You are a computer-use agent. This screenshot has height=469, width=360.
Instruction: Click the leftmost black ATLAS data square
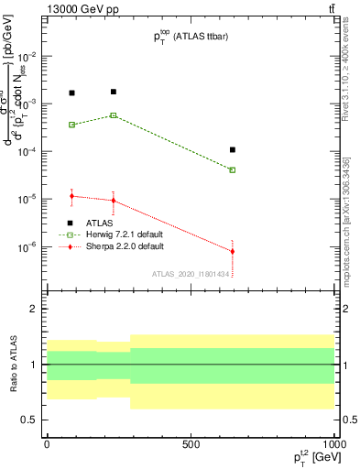pyautogui.click(x=72, y=93)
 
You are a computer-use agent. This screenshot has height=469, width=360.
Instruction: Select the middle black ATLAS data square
pyautogui.click(x=114, y=92)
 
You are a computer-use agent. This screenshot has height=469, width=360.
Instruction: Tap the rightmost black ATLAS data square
pyautogui.click(x=233, y=149)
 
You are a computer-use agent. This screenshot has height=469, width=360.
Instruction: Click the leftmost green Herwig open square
pyautogui.click(x=72, y=125)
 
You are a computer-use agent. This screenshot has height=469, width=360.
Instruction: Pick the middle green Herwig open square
pyautogui.click(x=114, y=115)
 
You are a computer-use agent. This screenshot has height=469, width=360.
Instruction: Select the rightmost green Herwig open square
pyautogui.click(x=233, y=169)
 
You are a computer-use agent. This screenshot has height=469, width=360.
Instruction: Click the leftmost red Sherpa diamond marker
pyautogui.click(x=72, y=196)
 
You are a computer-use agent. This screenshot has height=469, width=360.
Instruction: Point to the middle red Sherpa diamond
pyautogui.click(x=114, y=201)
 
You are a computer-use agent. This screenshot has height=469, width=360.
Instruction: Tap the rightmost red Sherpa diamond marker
pyautogui.click(x=233, y=251)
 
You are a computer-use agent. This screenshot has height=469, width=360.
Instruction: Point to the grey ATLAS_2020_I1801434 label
pyautogui.click(x=190, y=274)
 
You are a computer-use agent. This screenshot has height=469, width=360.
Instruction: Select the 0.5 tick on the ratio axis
pyautogui.click(x=30, y=420)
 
